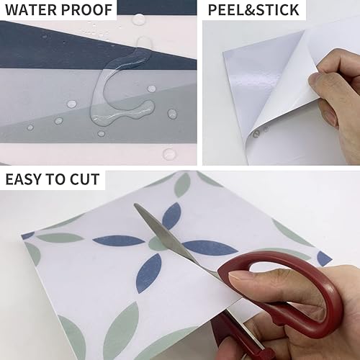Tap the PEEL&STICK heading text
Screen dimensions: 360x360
[x=253, y=10]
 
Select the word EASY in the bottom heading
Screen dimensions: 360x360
[x=23, y=179]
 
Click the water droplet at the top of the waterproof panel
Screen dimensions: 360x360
[x=138, y=19]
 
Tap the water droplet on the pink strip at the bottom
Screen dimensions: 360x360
[x=169, y=154]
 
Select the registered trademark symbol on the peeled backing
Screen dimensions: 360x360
[x=266, y=130]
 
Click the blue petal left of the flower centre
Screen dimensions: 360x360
[x=119, y=240]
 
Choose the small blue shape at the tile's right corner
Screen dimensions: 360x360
[x=325, y=258]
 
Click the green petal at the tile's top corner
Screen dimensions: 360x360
[x=182, y=185]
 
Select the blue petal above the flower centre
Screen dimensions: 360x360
[x=171, y=216]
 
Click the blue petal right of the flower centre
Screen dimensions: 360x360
[x=210, y=248]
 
